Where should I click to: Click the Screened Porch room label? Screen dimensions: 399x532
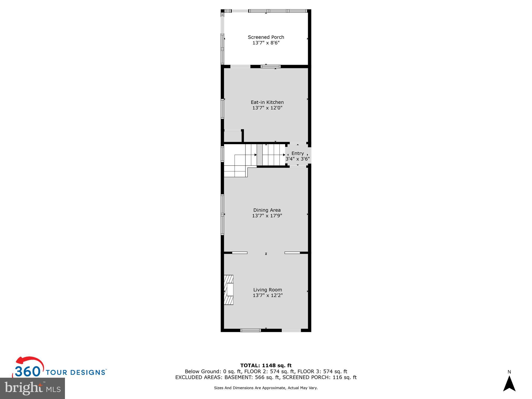pyautogui.click(x=266, y=37)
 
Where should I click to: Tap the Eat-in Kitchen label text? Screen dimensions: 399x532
pyautogui.click(x=267, y=102)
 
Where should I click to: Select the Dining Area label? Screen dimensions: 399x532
pyautogui.click(x=267, y=210)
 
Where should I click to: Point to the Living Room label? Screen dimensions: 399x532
pyautogui.click(x=268, y=290)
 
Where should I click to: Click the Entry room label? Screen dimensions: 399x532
pyautogui.click(x=297, y=153)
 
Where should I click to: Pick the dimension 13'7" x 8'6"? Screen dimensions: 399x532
pyautogui.click(x=266, y=43)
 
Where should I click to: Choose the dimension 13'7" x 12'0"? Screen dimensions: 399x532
pyautogui.click(x=267, y=108)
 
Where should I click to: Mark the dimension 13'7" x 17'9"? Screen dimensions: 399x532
pyautogui.click(x=267, y=216)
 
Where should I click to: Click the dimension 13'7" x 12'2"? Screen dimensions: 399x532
pyautogui.click(x=268, y=295)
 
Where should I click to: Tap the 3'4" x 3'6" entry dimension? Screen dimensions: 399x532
pyautogui.click(x=297, y=159)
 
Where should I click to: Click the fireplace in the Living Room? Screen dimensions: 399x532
pyautogui.click(x=229, y=290)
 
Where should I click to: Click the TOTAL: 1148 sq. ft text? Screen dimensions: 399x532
pyautogui.click(x=266, y=366)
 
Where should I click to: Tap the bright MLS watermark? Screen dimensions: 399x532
pyautogui.click(x=32, y=388)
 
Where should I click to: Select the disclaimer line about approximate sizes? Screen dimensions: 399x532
pyautogui.click(x=266, y=388)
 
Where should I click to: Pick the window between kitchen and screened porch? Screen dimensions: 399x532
pyautogui.click(x=271, y=66)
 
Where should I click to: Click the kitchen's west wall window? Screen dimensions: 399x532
pyautogui.click(x=222, y=109)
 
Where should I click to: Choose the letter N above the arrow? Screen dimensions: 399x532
pyautogui.click(x=509, y=372)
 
